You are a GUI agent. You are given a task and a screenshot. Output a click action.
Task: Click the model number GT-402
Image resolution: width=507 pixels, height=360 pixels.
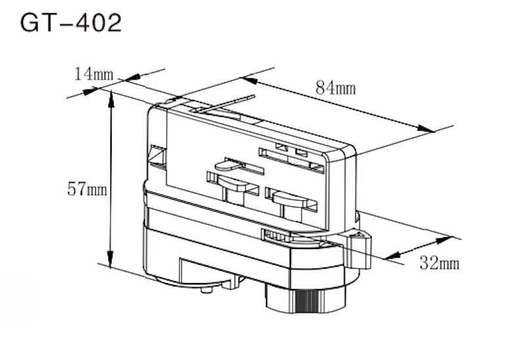click(71, 22)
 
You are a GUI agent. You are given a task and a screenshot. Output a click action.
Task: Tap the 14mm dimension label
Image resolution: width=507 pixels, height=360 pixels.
click(94, 74)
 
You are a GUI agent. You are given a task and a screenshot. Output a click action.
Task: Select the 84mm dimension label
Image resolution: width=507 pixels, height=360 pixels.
click(336, 87)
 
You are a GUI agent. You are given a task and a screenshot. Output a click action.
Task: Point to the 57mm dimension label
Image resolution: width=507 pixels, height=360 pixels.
click(87, 190)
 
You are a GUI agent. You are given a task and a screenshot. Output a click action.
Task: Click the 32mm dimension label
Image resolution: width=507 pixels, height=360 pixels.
click(439, 263)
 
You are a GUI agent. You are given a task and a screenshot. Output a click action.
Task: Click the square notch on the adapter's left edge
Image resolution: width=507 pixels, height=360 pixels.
click(157, 156)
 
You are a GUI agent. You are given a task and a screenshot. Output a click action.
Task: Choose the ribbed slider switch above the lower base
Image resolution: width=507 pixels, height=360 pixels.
click(278, 235)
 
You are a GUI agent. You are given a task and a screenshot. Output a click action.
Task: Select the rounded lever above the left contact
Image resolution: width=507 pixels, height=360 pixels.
click(240, 164)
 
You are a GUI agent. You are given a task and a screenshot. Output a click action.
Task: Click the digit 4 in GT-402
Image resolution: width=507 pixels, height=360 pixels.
click(78, 22)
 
